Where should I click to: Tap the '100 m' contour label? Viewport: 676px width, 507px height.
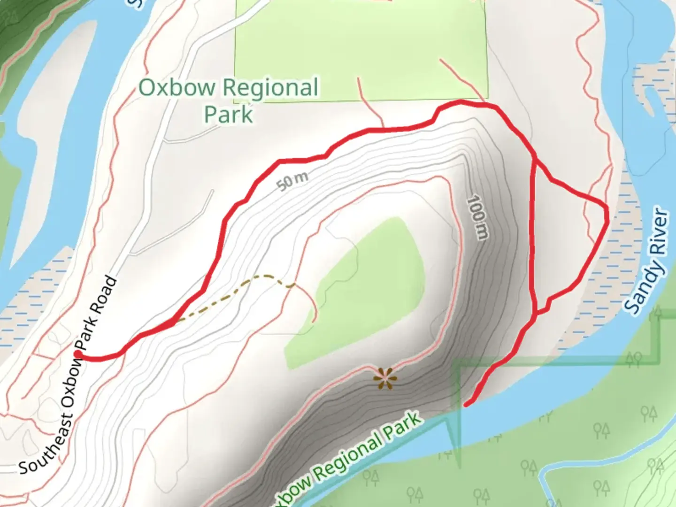click(477, 217)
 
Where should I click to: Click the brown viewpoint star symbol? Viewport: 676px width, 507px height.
click(385, 378)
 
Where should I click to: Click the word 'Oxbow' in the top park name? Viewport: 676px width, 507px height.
click(177, 87)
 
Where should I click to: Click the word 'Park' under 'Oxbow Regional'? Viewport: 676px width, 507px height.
click(229, 114)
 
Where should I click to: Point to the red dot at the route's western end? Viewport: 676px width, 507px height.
click(77, 353)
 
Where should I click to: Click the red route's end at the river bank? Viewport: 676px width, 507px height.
click(466, 404)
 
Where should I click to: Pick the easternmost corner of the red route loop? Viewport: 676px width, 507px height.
click(607, 214)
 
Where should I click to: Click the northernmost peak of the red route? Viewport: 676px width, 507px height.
click(458, 101)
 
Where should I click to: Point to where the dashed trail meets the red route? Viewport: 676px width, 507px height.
click(175, 322)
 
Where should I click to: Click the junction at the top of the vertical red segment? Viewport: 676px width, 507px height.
click(535, 161)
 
